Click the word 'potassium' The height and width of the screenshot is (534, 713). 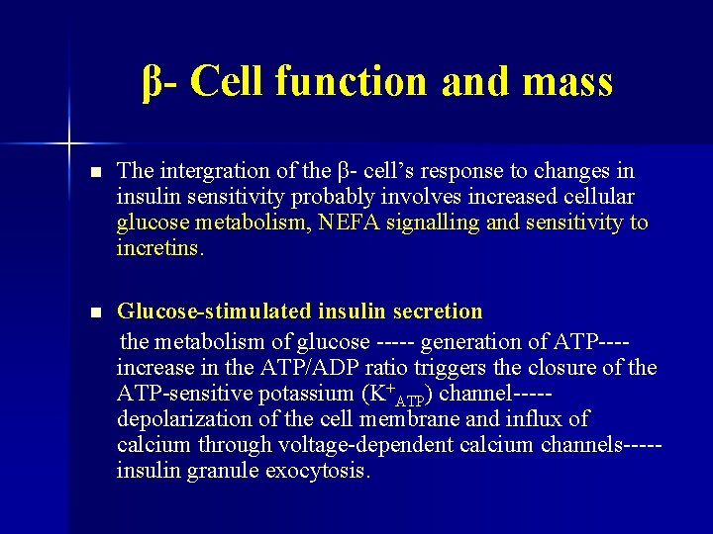click(310, 395)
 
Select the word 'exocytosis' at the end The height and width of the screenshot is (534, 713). click(318, 472)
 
